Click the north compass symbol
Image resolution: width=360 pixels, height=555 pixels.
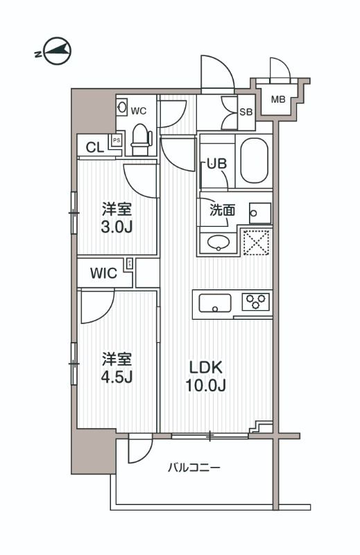point(53,52)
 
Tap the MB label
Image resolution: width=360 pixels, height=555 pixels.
point(277,99)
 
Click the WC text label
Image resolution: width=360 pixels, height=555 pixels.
point(139,110)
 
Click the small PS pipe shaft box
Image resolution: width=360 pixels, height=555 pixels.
point(117,139)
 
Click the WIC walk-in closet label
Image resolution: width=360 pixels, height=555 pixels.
point(103,273)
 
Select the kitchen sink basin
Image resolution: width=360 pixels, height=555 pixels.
point(216,303)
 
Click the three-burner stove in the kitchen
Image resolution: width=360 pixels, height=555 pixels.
point(255,303)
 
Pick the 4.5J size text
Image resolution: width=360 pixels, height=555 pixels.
point(117,378)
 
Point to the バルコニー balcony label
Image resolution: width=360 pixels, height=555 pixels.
point(194,468)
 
